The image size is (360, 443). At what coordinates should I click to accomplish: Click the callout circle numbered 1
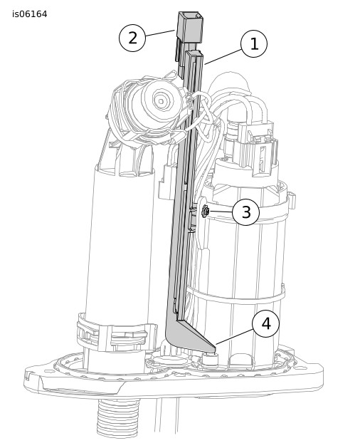253,43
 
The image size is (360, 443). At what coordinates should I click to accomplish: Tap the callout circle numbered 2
132,38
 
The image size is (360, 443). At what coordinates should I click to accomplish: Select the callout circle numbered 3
245,212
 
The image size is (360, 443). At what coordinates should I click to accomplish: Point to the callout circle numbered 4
266,324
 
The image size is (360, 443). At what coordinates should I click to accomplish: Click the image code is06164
30,14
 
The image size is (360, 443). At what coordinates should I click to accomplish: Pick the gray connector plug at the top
190,27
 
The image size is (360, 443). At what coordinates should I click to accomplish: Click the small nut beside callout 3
205,211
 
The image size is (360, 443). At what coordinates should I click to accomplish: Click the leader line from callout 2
160,33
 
